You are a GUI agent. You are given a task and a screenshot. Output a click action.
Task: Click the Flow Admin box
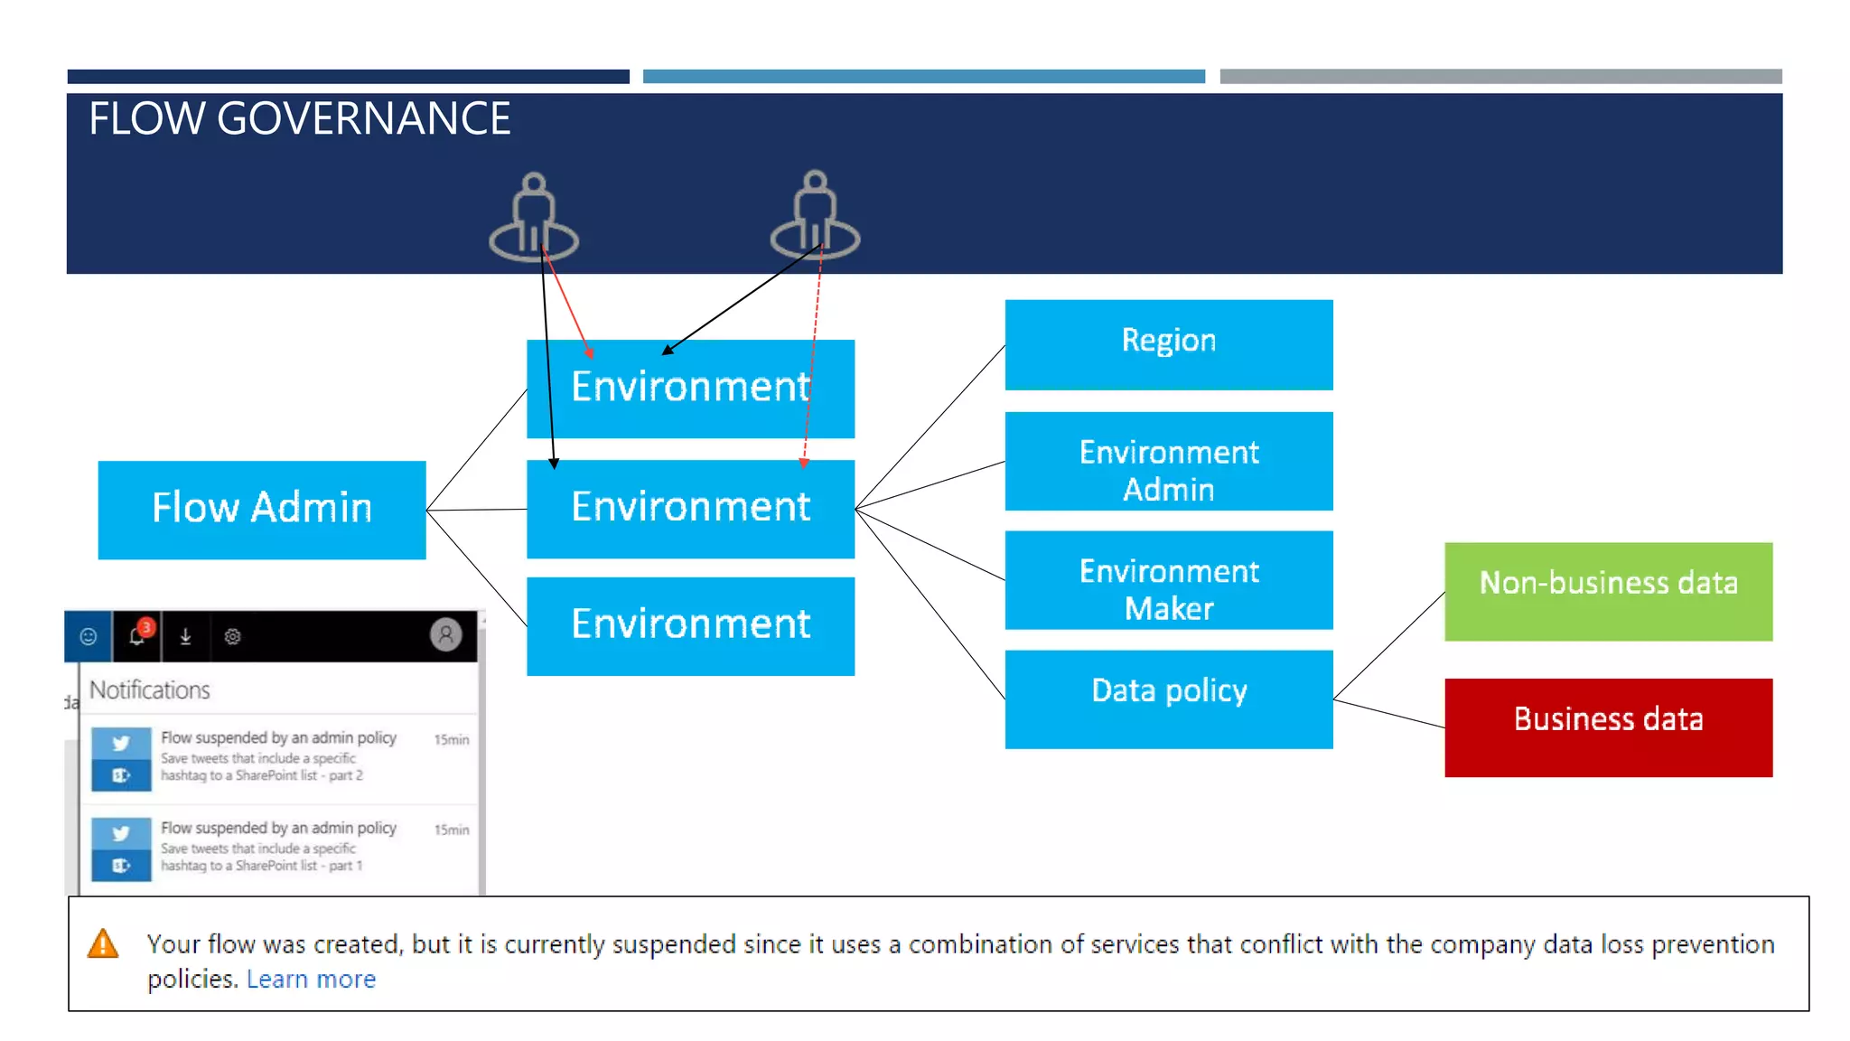tap(262, 510)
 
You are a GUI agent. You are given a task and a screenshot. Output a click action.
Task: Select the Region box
tap(1169, 344)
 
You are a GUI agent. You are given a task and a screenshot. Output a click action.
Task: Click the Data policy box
tap(1169, 699)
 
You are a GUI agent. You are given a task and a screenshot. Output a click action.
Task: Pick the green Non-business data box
tap(1608, 592)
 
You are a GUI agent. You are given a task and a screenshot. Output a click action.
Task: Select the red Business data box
tap(1608, 727)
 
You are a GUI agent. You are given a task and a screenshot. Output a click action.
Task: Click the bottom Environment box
tap(690, 626)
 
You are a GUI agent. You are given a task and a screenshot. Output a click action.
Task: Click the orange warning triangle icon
tap(103, 944)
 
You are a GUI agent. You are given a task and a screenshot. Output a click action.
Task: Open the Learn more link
tap(311, 980)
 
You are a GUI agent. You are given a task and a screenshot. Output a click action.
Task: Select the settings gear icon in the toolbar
tap(232, 637)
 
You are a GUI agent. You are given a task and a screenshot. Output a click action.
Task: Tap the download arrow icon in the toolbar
tap(185, 637)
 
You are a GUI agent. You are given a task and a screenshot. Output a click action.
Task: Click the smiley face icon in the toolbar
tap(89, 637)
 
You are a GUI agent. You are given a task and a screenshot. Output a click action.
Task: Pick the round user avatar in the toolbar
tap(445, 635)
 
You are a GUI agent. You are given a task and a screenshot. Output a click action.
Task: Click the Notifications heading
tap(150, 690)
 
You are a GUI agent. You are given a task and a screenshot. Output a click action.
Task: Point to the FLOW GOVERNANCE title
tap(300, 119)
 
